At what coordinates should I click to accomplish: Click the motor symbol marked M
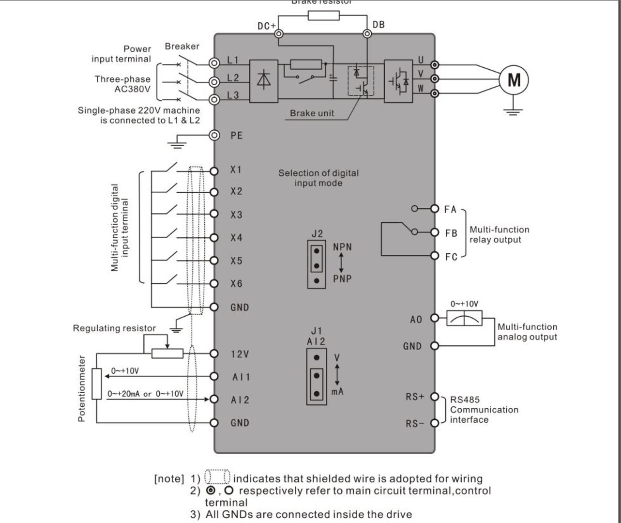click(x=514, y=79)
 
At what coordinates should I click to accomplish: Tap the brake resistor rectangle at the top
click(x=324, y=15)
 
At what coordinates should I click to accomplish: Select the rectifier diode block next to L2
click(x=264, y=81)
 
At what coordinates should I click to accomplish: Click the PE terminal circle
click(x=214, y=135)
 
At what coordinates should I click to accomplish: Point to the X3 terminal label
click(x=236, y=215)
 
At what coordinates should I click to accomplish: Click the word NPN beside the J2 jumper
click(x=342, y=247)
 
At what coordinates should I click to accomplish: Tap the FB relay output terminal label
click(x=451, y=233)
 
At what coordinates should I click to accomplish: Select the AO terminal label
click(x=416, y=319)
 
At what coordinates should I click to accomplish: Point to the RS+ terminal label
click(x=415, y=397)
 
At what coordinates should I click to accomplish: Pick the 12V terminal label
click(x=240, y=354)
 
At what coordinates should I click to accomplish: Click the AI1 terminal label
click(x=241, y=377)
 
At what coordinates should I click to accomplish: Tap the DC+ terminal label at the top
click(x=266, y=26)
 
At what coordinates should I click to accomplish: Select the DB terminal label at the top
click(x=379, y=25)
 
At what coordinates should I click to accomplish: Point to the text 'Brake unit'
click(x=312, y=113)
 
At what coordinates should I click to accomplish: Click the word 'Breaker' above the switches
click(x=182, y=46)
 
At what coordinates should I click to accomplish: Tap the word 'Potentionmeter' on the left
click(x=81, y=389)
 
